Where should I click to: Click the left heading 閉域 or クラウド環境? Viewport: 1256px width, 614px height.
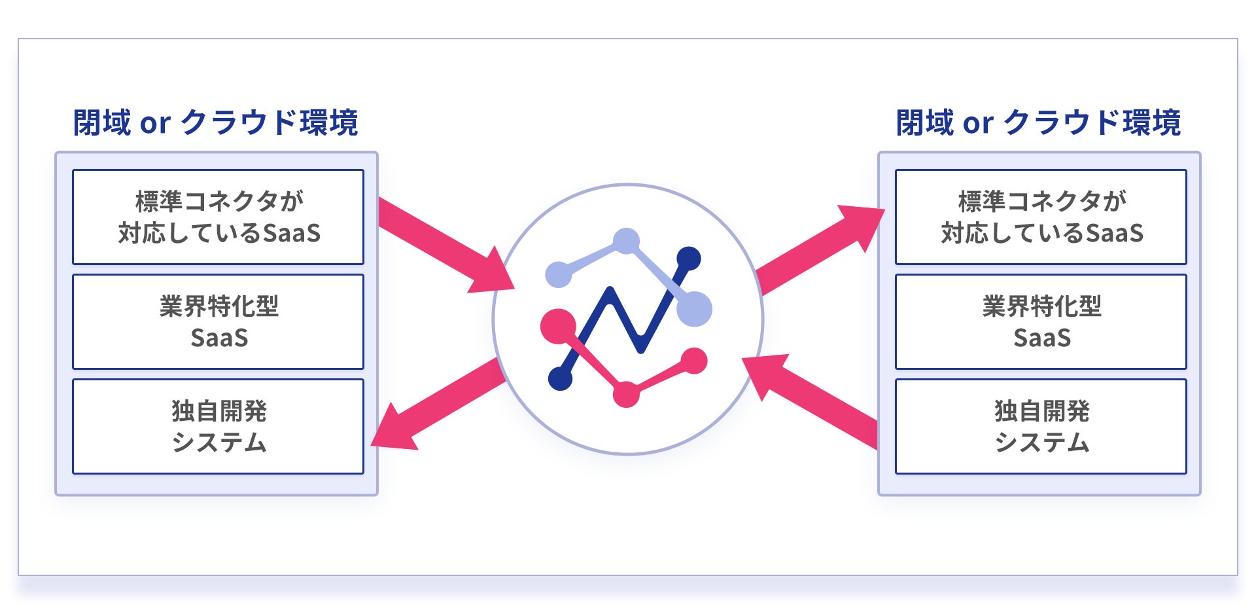tap(215, 122)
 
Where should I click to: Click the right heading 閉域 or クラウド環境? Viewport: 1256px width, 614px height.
tap(1038, 122)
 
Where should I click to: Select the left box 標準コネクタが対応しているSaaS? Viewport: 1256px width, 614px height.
tap(218, 217)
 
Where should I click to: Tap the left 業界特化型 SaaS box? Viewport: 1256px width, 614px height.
tap(218, 322)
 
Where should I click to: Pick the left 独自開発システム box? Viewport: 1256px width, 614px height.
tap(218, 427)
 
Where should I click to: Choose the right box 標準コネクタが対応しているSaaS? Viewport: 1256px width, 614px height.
tap(1041, 217)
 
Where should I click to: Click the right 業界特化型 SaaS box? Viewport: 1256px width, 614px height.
tap(1041, 322)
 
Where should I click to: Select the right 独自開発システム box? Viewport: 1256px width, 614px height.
tap(1041, 427)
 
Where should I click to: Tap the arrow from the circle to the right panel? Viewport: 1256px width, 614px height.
tap(818, 249)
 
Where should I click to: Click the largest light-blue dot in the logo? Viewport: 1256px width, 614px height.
tap(693, 308)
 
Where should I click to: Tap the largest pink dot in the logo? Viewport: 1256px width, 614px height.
tap(558, 326)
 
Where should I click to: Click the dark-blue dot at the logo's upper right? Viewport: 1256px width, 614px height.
tap(688, 259)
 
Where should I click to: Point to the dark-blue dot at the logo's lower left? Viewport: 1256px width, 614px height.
tap(560, 378)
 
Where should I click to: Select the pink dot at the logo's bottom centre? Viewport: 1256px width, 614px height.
tap(626, 394)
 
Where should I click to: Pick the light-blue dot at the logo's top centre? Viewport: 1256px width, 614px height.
tap(627, 241)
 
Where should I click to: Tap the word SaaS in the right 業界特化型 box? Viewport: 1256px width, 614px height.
tap(1041, 338)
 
